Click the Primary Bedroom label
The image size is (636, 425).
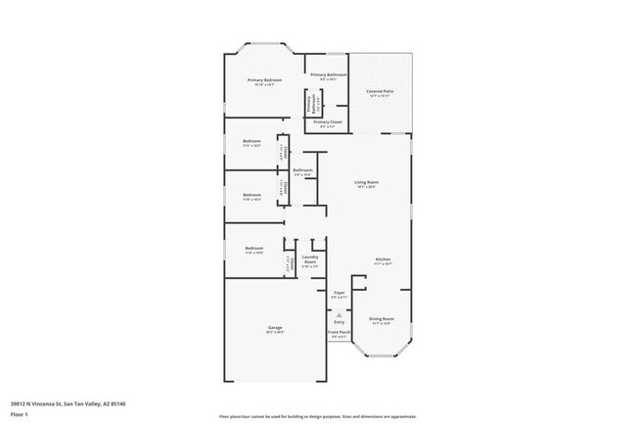point(264,80)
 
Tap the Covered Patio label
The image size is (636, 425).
point(381,91)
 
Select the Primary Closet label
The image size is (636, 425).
point(328,122)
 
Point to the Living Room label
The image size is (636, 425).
point(366,182)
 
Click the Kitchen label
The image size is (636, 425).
point(383,260)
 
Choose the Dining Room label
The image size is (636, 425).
point(381,318)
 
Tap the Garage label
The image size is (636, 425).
point(275,327)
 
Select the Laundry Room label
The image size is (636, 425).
point(310,260)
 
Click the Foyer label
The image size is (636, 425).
point(339,293)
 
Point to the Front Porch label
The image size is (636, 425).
point(339,332)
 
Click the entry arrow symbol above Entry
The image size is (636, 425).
point(339,313)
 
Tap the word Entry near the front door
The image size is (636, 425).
point(339,321)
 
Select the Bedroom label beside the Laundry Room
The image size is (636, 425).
point(253,249)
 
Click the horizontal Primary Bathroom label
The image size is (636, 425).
point(329,75)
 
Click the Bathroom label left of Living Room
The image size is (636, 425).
point(302,170)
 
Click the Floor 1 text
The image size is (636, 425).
point(21,414)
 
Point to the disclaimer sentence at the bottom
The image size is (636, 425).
point(318,416)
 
